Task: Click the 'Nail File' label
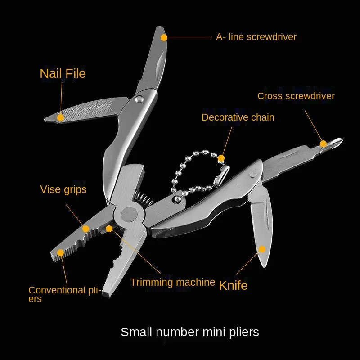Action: coord(63,73)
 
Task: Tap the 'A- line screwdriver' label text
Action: coord(256,37)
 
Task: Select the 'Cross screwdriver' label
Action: coord(296,96)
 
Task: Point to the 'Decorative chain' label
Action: coord(238,117)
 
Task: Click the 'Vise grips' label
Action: coord(63,189)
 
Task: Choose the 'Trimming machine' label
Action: coord(172,283)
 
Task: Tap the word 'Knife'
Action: coord(233,285)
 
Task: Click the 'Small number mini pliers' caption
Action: coord(189,332)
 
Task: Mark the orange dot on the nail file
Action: coord(60,117)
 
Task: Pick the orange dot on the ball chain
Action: coord(221,158)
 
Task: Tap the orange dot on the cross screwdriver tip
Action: coord(323,144)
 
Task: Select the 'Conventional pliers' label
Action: coord(63,294)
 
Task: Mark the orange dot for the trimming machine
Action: coord(109,229)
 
